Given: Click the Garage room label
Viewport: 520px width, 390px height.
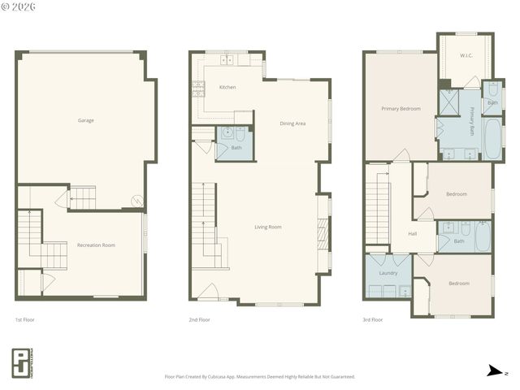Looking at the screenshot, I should (85, 120).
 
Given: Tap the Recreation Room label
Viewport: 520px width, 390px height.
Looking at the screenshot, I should (96, 245).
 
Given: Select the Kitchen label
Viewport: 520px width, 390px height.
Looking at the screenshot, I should (227, 87).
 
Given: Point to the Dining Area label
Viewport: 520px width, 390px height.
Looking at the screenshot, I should (292, 123).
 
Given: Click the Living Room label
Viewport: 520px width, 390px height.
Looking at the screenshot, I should (268, 227).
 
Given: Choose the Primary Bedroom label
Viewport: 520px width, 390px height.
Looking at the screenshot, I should (401, 108).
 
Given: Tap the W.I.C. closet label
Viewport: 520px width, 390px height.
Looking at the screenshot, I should (466, 56).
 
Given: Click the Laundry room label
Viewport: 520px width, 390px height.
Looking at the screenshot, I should (388, 273).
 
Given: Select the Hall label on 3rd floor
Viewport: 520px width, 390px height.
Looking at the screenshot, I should (412, 234).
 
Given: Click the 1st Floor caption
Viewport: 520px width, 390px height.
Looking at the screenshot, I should (24, 320).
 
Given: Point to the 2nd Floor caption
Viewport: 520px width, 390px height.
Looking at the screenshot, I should (199, 320).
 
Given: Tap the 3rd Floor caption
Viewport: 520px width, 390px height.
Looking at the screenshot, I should (372, 320).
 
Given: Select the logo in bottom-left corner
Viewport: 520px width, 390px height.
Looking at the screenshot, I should (23, 363).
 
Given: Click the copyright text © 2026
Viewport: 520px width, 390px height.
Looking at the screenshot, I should (20, 6).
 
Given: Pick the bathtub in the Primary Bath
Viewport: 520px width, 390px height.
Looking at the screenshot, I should (492, 138).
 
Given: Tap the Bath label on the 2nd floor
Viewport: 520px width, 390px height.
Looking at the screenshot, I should (236, 148).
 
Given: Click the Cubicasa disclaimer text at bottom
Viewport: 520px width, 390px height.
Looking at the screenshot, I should (259, 377).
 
